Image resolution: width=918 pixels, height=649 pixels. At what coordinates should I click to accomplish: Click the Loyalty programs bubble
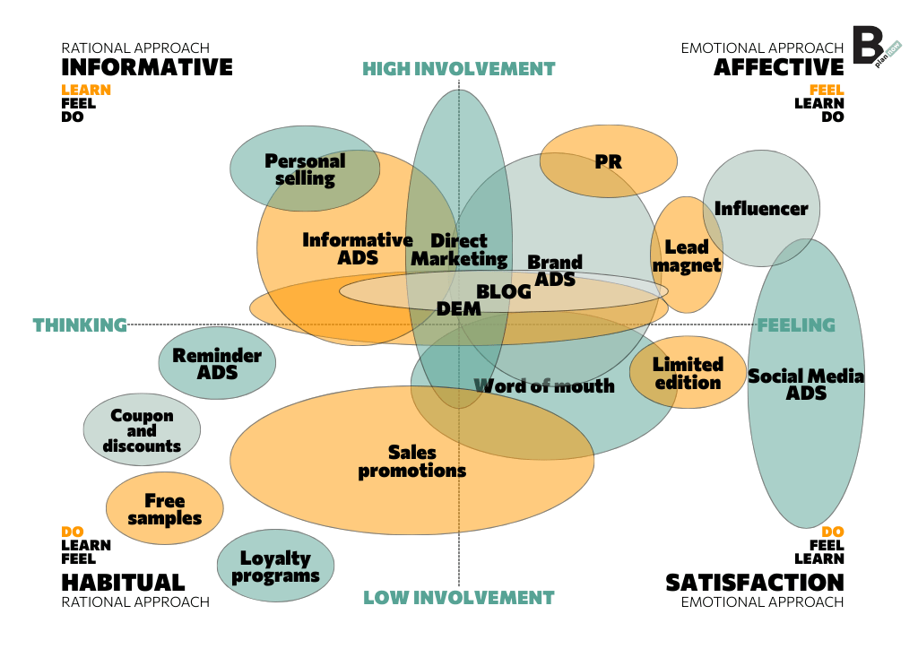click(275, 567)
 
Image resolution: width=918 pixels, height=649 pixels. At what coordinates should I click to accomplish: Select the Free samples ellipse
click(165, 509)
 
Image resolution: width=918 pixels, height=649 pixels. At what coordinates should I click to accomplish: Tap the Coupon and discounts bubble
click(142, 431)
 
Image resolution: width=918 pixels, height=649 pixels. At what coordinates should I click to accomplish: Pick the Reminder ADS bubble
click(217, 362)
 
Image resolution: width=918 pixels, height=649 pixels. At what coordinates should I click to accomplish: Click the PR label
click(608, 162)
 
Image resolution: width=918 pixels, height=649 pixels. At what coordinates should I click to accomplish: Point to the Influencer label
click(761, 209)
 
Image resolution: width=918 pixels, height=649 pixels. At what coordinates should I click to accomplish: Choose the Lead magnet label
click(687, 255)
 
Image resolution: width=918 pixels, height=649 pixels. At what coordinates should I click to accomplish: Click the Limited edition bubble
click(688, 373)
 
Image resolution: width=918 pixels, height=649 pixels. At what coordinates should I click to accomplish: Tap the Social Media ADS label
click(806, 384)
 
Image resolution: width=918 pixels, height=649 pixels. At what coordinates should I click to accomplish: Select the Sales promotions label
click(412, 462)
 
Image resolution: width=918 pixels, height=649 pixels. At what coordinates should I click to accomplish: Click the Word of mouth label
click(544, 385)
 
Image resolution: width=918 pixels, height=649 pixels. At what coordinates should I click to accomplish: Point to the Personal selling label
click(305, 169)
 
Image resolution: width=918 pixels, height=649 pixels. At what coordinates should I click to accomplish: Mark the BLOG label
click(504, 291)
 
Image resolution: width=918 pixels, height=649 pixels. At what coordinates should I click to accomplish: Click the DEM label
click(459, 308)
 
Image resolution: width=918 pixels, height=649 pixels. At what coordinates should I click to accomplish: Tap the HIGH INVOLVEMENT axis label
click(459, 69)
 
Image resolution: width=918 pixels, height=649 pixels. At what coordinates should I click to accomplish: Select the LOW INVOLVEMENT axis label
click(459, 598)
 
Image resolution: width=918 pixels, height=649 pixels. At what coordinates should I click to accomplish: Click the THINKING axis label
click(80, 324)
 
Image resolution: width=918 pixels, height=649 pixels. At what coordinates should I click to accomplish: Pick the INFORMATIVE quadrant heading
click(147, 67)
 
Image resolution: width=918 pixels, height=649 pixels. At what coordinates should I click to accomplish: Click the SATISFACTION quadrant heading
click(755, 583)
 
